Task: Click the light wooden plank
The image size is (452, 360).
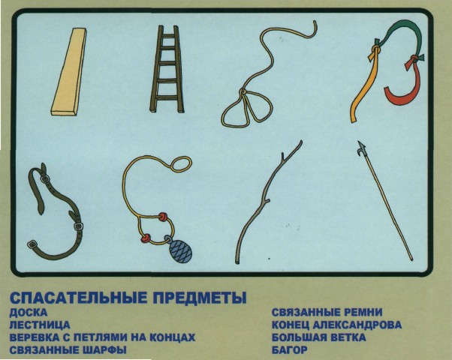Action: tap(69, 72)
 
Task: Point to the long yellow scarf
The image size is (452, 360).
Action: tap(364, 86)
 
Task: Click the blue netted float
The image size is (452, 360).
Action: tap(179, 250)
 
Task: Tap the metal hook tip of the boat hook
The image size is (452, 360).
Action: tap(361, 148)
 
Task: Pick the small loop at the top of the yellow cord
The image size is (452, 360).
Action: tap(181, 163)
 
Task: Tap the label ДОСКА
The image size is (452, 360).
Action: tap(29, 313)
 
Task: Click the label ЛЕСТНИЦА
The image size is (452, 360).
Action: tap(40, 325)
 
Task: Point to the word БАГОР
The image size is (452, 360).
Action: tap(290, 350)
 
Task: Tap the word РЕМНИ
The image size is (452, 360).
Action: tap(363, 312)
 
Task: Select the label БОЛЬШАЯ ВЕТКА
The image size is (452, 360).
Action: tap(319, 337)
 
